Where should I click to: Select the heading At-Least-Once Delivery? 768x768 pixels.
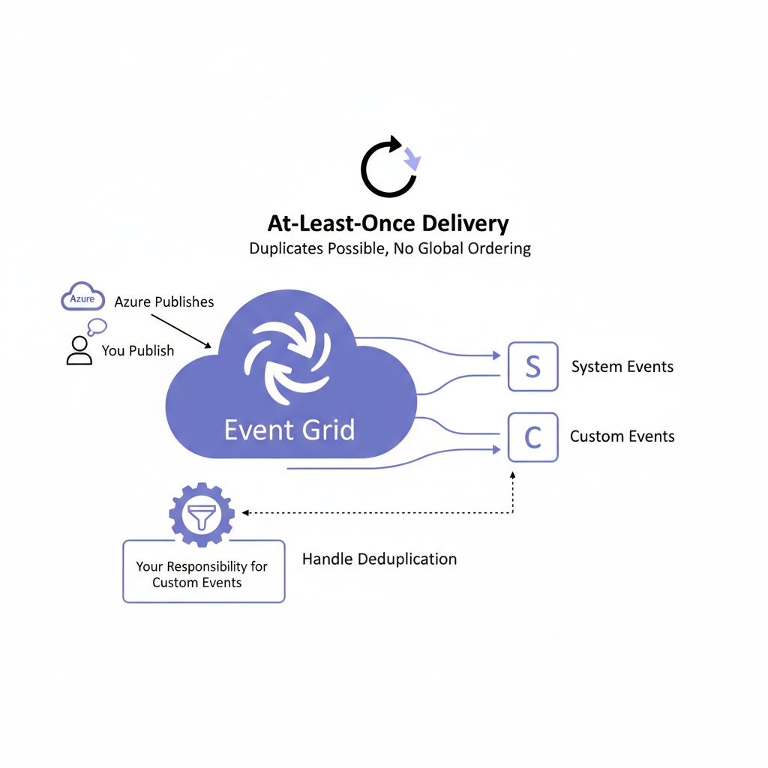[388, 223]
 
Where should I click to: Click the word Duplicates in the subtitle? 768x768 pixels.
[287, 248]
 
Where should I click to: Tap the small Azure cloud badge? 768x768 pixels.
[82, 298]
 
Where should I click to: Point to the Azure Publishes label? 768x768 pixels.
[163, 301]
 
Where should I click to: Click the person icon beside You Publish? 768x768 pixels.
[79, 350]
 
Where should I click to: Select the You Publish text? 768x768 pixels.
[138, 350]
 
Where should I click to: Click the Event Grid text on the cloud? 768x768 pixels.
[289, 430]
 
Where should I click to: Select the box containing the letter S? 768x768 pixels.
[532, 367]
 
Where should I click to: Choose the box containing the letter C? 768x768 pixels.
[532, 436]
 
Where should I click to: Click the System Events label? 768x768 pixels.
[622, 367]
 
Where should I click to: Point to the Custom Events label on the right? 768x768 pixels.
[622, 436]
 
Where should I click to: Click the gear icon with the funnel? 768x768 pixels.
[202, 513]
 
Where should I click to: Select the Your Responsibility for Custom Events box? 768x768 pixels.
[203, 571]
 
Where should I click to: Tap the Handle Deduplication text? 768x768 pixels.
[379, 559]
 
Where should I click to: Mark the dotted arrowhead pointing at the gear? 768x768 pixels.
[246, 513]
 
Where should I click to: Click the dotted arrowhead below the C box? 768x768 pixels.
[513, 475]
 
